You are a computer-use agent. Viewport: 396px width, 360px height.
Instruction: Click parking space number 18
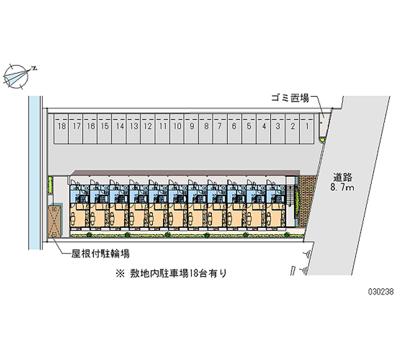coord(61,127)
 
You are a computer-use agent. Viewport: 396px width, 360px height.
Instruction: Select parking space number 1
coord(307,127)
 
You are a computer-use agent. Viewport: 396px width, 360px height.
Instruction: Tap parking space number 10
coord(177,127)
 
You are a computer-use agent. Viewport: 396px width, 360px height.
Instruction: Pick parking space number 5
coord(249,127)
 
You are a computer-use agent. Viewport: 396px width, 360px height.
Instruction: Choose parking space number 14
coord(119,127)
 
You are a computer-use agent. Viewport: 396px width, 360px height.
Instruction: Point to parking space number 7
coord(220,127)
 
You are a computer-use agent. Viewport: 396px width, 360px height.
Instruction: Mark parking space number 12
coord(148,127)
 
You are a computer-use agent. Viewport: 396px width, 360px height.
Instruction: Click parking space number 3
coord(278,127)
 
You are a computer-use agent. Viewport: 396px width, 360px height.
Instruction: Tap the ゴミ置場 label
coord(290,99)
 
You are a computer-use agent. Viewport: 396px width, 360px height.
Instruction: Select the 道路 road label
coord(343,177)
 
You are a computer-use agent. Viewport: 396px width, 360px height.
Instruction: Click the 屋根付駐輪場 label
coord(100,254)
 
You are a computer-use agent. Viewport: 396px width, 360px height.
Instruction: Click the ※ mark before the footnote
coord(119,273)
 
